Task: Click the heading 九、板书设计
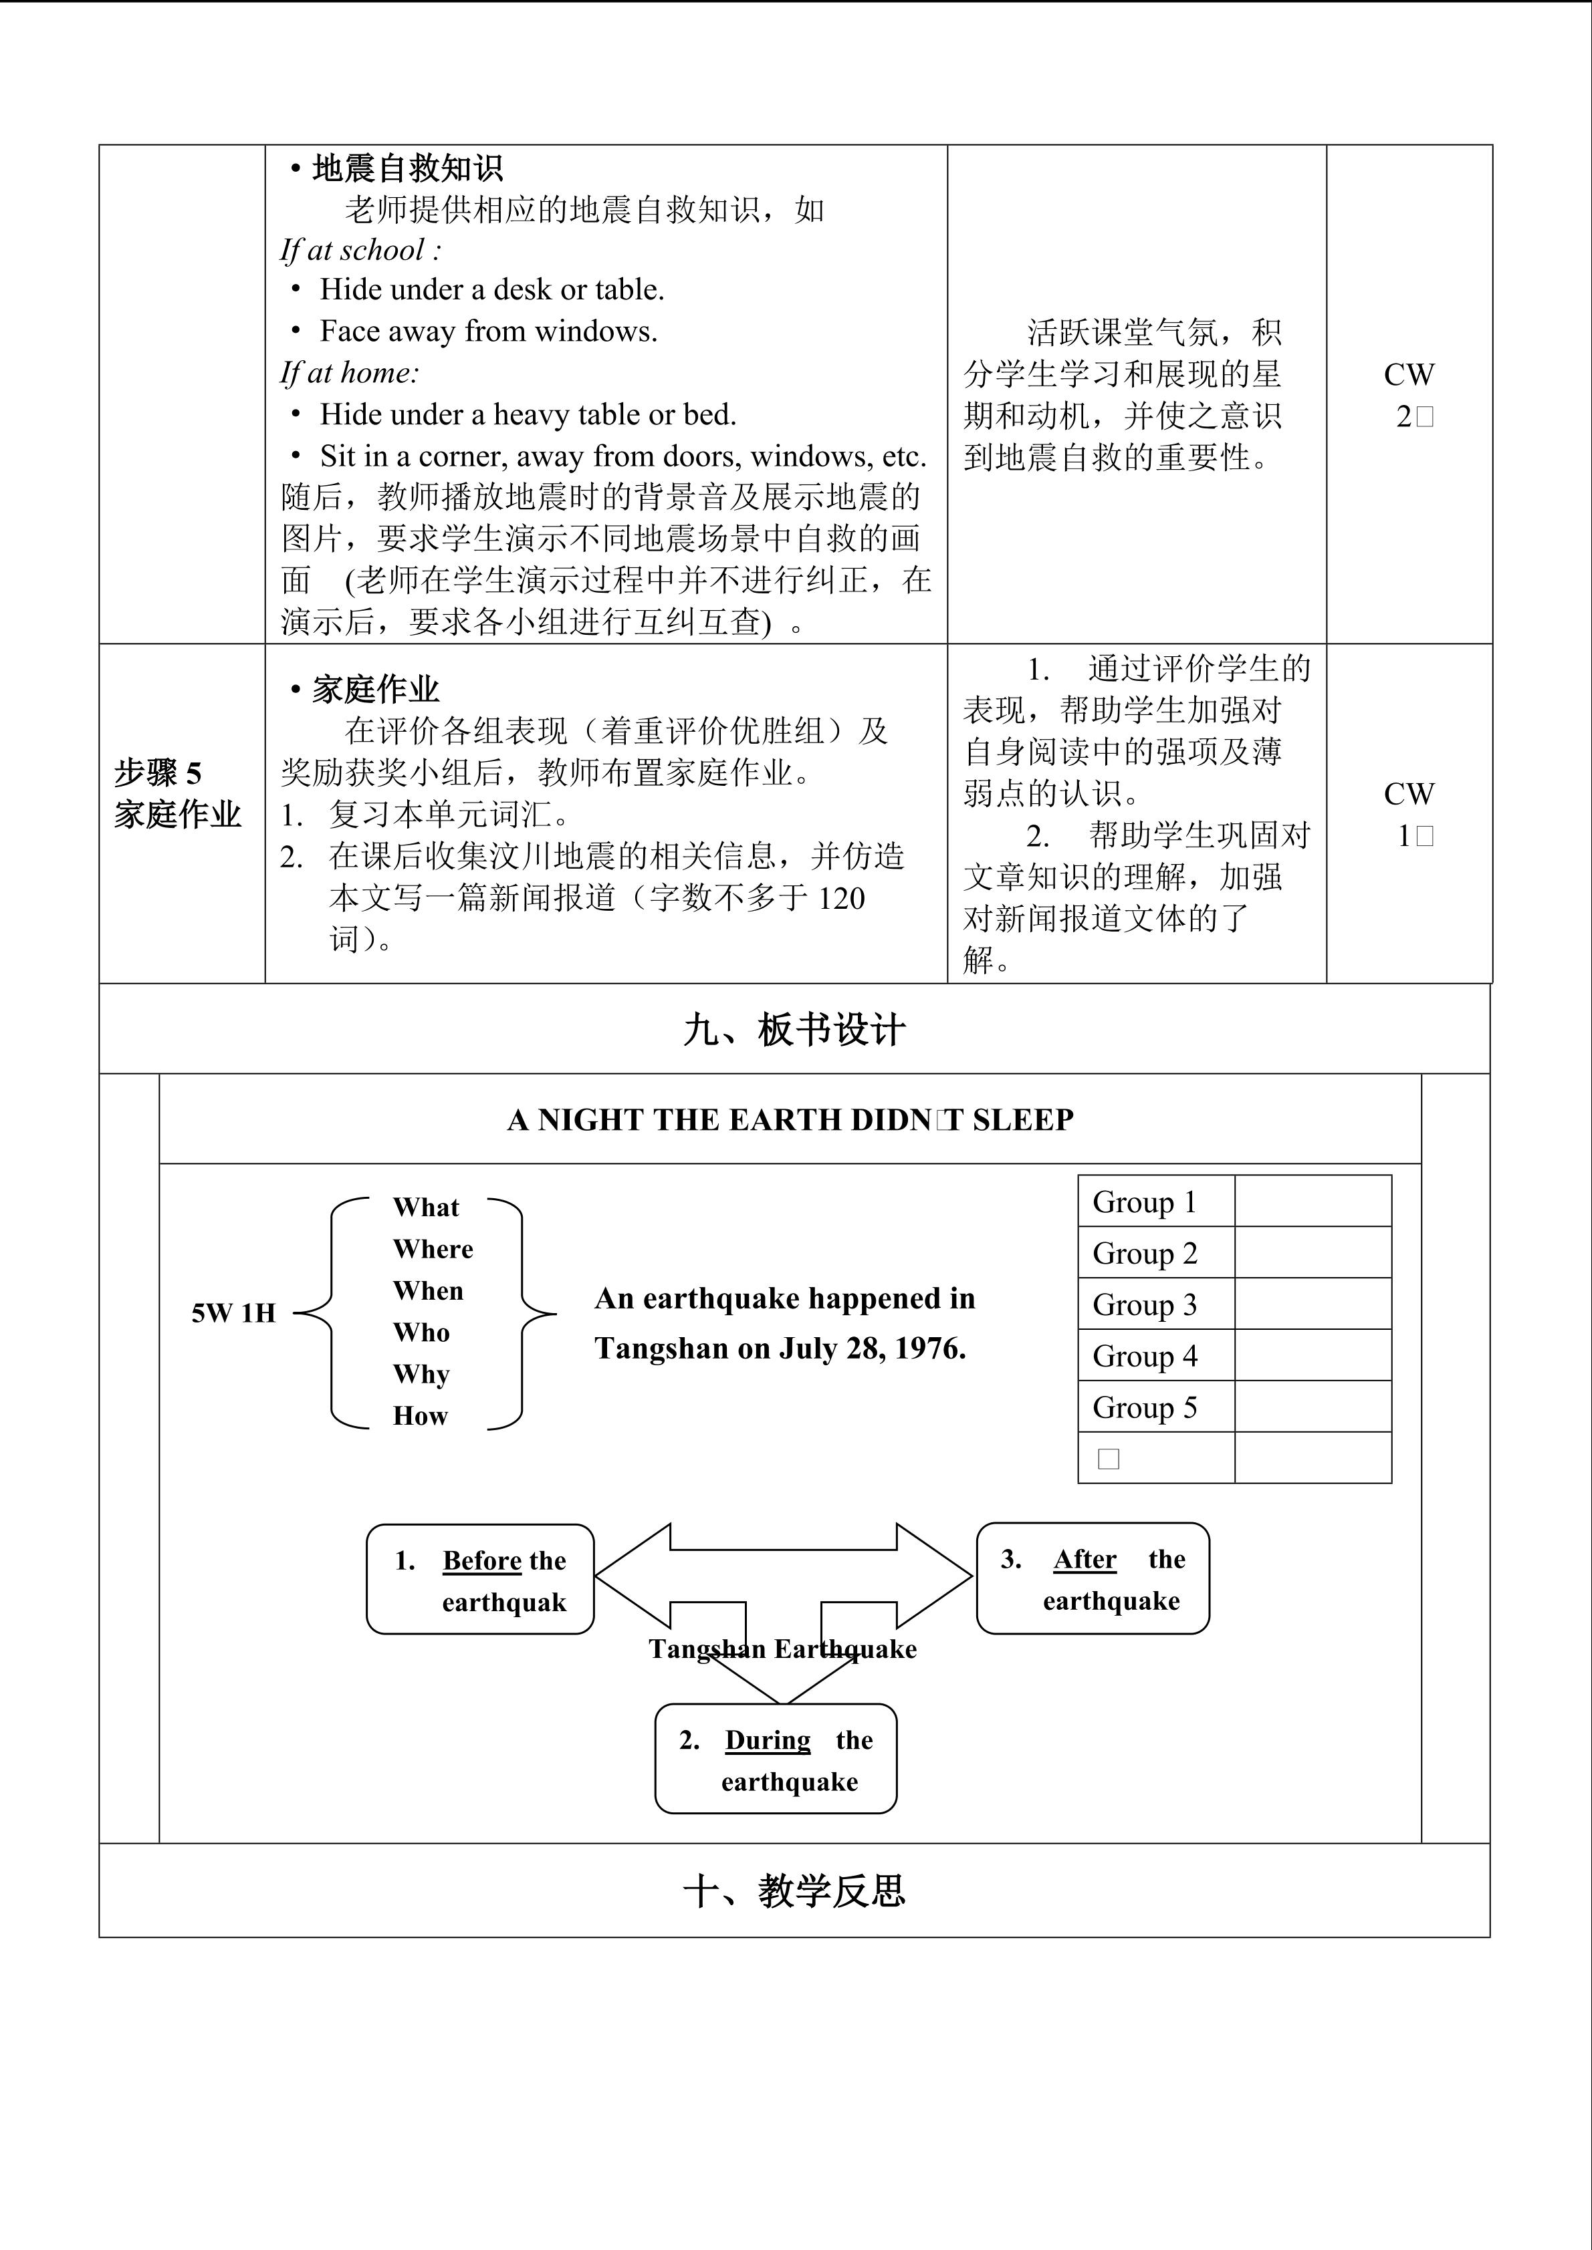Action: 794,1030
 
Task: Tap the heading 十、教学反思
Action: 794,1890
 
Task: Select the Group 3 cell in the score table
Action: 1145,1304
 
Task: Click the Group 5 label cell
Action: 1145,1407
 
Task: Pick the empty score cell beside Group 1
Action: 1313,1202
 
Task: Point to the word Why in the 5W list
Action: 421,1374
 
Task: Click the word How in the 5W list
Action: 420,1416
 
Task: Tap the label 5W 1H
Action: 233,1313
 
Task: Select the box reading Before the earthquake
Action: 480,1580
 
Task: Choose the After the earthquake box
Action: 1093,1578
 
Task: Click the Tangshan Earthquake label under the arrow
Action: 782,1649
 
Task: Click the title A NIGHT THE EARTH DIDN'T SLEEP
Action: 790,1120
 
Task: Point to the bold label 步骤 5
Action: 158,773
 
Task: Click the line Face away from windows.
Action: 488,331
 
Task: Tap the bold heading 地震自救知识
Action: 407,168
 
